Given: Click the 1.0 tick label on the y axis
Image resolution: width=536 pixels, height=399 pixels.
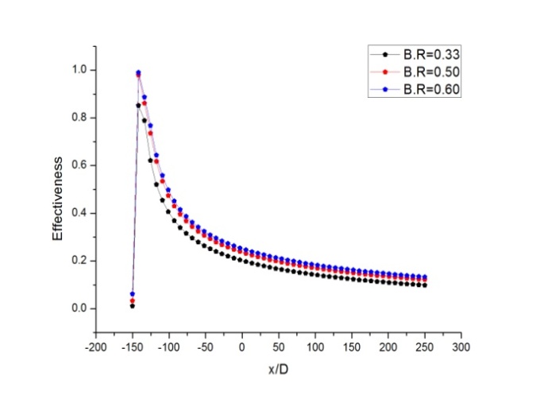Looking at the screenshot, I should click(77, 70).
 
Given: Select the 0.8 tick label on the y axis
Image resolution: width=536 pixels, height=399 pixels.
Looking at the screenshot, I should click(77, 118).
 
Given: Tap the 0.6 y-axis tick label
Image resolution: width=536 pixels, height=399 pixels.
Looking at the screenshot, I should click(77, 165).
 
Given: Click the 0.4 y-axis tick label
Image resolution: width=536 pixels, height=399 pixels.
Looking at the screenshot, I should click(77, 213).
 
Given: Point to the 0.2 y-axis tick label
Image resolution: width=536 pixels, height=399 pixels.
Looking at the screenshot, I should click(77, 261).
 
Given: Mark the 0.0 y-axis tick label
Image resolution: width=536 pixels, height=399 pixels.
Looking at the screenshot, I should click(77, 308).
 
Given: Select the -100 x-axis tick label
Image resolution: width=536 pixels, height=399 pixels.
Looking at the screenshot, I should click(168, 347).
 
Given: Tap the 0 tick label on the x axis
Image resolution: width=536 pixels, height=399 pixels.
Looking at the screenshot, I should click(242, 347).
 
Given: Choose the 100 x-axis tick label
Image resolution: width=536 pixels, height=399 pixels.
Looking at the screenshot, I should click(315, 347).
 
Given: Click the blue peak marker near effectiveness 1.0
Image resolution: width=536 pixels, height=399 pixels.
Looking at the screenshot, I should click(138, 72).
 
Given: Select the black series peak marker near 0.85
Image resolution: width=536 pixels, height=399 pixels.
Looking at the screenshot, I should click(138, 105).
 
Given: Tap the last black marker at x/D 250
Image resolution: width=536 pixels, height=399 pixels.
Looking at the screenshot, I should click(425, 285).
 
